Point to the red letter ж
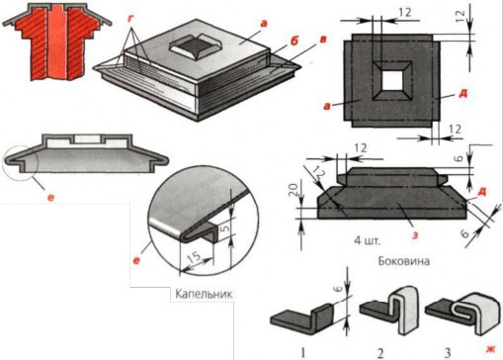[x=488, y=349]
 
